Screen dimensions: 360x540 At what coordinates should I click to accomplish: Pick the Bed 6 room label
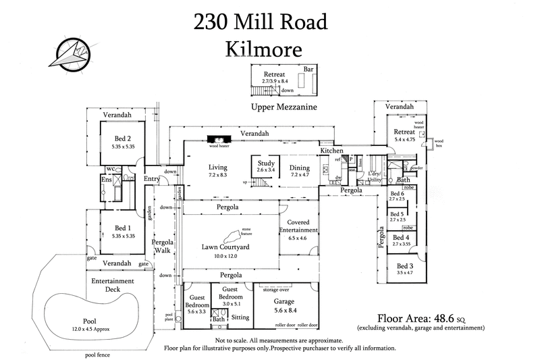tap(398, 195)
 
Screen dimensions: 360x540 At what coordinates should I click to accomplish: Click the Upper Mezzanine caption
tap(283, 107)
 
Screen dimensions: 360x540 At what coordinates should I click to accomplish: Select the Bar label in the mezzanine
tap(310, 69)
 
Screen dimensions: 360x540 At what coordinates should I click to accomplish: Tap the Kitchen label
tap(331, 150)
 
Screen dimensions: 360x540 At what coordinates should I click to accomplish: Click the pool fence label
tap(97, 354)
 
